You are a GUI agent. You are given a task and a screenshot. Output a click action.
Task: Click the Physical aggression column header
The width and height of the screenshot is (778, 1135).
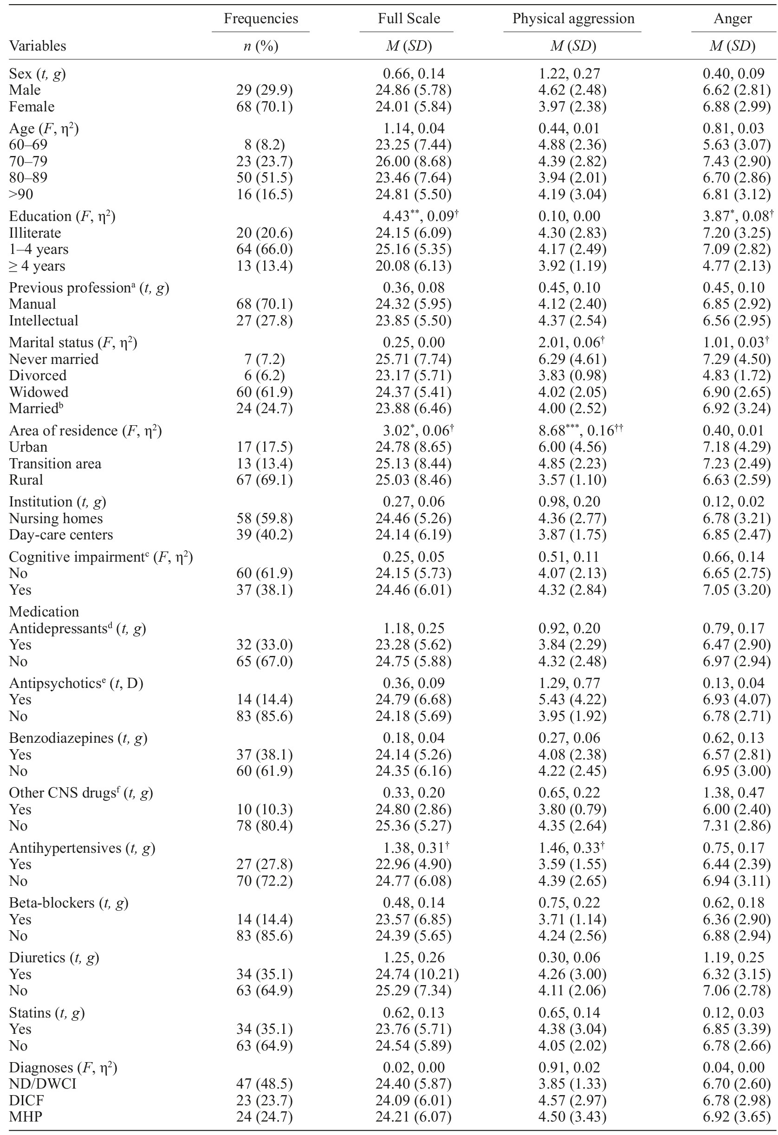click(573, 19)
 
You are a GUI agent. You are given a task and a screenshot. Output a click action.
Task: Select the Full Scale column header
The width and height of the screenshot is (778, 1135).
click(408, 19)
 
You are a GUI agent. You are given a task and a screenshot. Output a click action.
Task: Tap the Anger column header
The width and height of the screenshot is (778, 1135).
click(732, 19)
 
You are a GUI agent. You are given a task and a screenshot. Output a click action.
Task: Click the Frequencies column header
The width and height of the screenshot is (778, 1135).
click(261, 19)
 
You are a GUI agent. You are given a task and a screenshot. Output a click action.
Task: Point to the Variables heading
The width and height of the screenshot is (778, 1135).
click(38, 46)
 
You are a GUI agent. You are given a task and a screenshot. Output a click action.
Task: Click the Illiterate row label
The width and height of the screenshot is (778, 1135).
click(35, 233)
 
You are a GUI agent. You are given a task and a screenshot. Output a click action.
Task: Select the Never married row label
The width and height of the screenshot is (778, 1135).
click(54, 359)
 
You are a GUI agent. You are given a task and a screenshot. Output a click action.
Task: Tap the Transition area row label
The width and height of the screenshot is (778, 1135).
click(55, 463)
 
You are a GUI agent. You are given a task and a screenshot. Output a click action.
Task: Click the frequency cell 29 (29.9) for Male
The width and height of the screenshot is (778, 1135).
click(264, 90)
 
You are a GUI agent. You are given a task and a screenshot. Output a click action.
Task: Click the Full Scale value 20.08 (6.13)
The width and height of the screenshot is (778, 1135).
click(413, 266)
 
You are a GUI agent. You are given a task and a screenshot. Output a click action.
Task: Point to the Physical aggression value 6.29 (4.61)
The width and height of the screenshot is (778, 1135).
click(572, 359)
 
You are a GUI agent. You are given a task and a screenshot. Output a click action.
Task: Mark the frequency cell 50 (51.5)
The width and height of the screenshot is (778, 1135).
click(264, 177)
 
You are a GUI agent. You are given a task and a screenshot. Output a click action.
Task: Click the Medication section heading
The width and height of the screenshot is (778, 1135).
click(44, 611)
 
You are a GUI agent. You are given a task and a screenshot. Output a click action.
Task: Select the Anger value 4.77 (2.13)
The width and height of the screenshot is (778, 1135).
click(736, 266)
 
